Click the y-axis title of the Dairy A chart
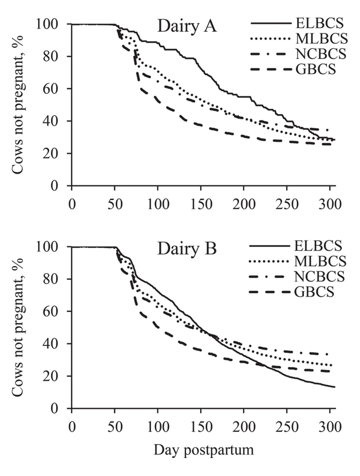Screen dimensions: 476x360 [19, 105]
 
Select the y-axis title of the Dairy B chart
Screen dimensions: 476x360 [19, 328]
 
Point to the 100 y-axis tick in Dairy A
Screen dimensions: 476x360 [53, 24]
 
